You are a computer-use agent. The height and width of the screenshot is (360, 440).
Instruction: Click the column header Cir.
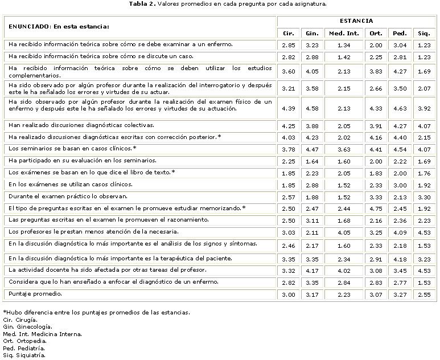[x=289, y=33]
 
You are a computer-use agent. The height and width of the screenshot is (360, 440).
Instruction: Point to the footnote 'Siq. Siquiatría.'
[x=24, y=355]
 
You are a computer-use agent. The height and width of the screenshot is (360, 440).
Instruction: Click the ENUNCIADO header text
[x=57, y=26]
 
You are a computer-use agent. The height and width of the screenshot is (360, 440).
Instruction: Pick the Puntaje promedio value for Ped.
[x=399, y=294]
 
